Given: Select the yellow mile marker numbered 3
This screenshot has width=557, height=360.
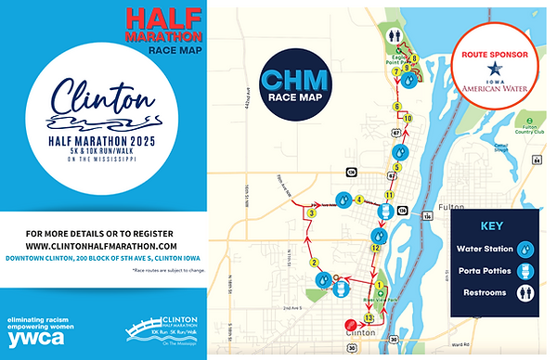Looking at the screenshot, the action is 312,214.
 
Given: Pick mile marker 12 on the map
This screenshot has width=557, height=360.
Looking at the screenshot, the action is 375,248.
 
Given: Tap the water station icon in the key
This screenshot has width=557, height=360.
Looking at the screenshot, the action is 525,249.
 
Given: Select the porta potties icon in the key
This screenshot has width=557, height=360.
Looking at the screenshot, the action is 525,271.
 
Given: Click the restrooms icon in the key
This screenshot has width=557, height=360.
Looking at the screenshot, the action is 525,292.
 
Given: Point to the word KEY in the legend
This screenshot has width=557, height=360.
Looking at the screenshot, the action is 492,225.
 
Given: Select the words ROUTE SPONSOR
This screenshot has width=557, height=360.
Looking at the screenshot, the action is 494,54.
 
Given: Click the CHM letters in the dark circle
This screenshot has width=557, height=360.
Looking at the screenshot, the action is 292,76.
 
